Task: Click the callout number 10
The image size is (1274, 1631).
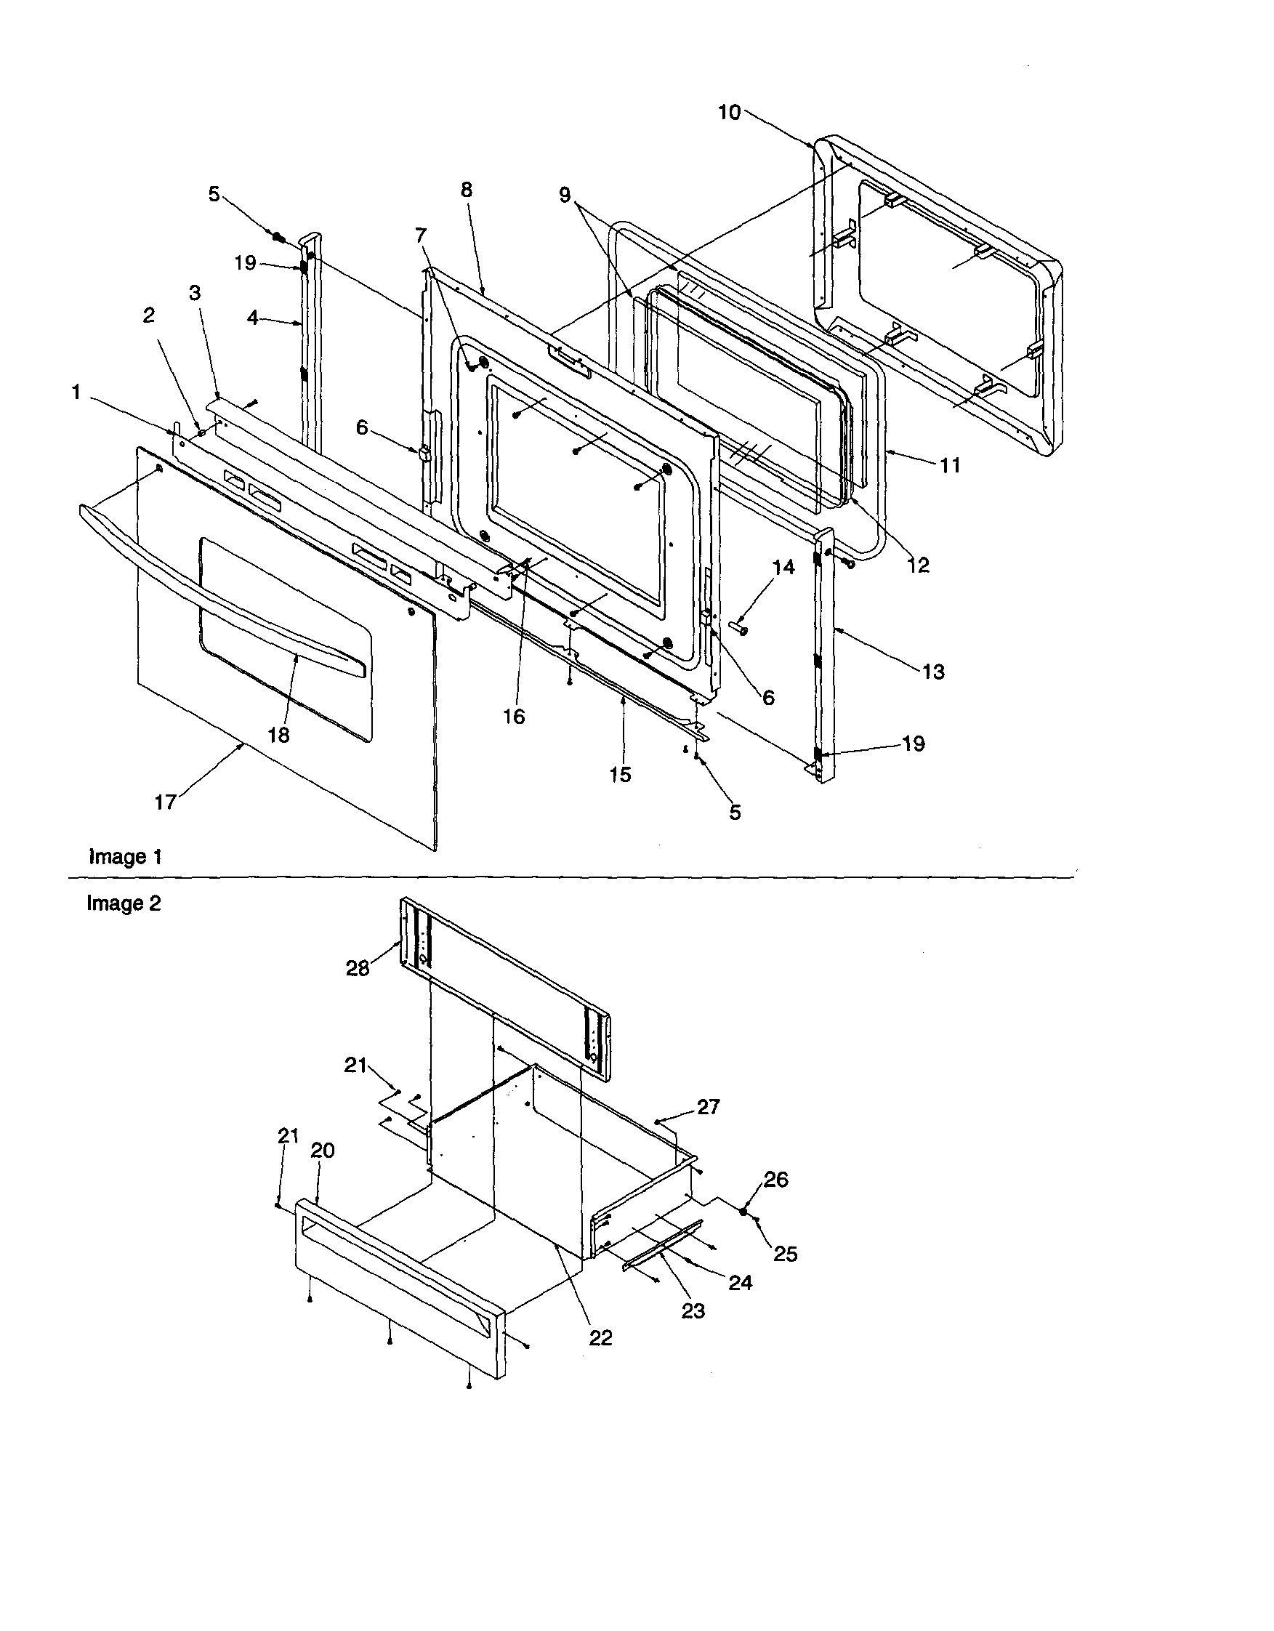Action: [729, 113]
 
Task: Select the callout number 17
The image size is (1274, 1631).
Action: [165, 802]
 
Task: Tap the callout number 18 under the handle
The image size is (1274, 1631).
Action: [278, 735]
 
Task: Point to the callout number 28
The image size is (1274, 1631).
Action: [358, 969]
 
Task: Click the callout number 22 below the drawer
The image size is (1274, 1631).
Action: [600, 1337]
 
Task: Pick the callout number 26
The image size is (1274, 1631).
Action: [776, 1179]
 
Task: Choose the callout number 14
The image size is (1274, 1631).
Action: [783, 568]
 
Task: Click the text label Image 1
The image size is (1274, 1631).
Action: [125, 857]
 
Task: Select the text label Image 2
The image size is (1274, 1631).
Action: [124, 903]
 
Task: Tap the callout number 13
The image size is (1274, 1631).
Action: [933, 672]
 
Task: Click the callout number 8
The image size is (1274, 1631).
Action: [467, 190]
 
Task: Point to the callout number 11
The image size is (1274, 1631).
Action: [950, 465]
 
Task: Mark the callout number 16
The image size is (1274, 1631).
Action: [514, 716]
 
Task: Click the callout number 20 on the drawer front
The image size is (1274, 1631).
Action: [323, 1151]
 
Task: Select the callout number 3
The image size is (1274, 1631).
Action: [195, 293]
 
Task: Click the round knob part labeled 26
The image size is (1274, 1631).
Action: [744, 1212]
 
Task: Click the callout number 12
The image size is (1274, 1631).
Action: [918, 565]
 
